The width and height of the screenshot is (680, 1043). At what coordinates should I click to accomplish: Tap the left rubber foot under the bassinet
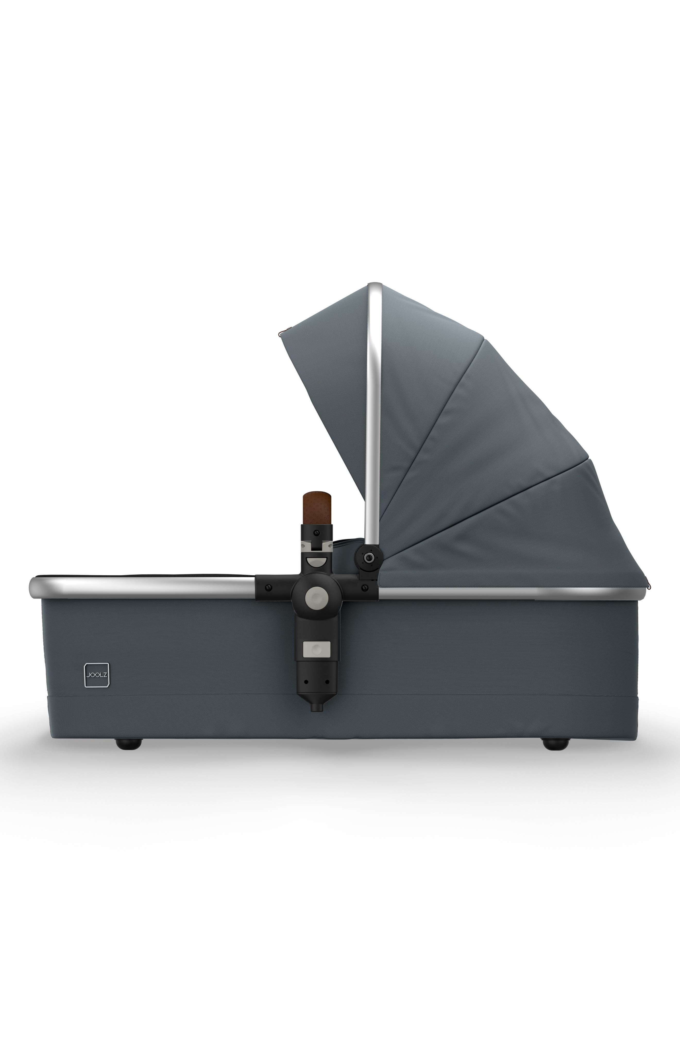(x=129, y=743)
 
